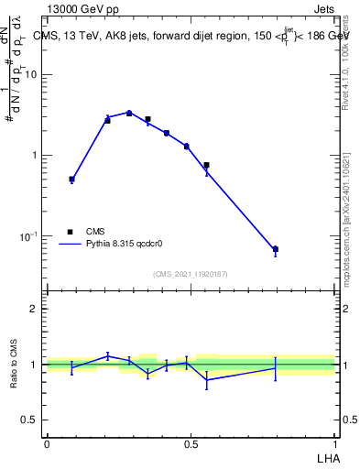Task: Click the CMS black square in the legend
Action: click(x=69, y=232)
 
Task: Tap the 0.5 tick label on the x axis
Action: click(x=191, y=443)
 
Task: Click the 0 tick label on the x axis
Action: click(x=46, y=443)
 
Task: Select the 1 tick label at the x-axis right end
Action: click(x=335, y=443)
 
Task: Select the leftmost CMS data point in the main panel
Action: click(x=71, y=180)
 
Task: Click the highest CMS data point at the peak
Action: click(x=129, y=114)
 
